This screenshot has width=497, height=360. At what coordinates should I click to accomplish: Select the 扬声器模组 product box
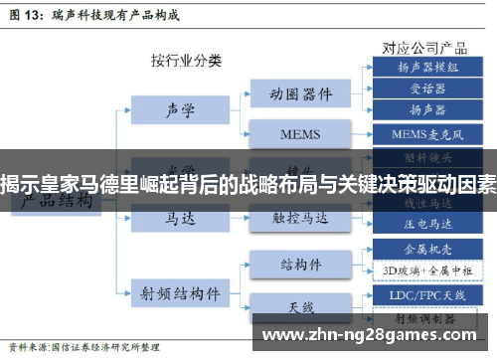[427, 67]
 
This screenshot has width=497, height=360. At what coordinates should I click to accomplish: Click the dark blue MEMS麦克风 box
[427, 132]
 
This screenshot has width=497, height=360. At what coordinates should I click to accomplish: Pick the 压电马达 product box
[427, 223]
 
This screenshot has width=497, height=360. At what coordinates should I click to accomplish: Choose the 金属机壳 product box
[427, 248]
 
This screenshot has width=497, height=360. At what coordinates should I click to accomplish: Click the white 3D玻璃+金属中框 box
[427, 269]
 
